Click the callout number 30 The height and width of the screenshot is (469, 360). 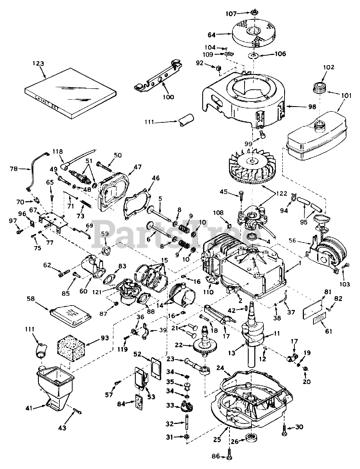(x=300, y=426)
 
